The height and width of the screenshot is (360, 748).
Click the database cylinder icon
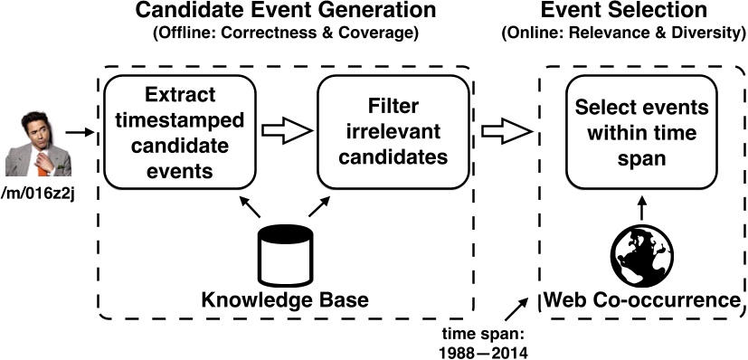pos(286,253)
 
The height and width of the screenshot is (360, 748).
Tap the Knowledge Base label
pos(285,299)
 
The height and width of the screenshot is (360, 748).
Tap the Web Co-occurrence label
pos(641,299)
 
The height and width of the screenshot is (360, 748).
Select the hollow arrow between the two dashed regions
pos(505,132)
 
